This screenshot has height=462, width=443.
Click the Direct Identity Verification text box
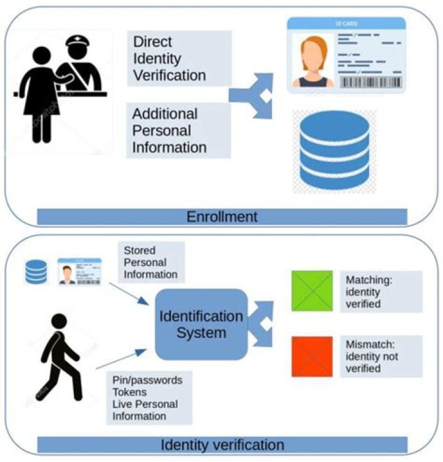[178, 59]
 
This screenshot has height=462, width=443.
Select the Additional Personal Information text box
[178, 130]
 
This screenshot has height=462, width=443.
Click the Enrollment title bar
[222, 217]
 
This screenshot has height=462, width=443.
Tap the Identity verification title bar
[222, 444]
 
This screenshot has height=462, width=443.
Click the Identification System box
[201, 324]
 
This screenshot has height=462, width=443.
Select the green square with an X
[312, 291]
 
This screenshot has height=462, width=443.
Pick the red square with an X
[312, 356]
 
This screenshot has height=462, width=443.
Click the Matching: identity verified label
[383, 291]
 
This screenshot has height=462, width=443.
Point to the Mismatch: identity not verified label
[383, 356]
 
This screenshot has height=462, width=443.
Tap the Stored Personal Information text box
[151, 262]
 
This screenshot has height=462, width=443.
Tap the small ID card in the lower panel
[79, 271]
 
